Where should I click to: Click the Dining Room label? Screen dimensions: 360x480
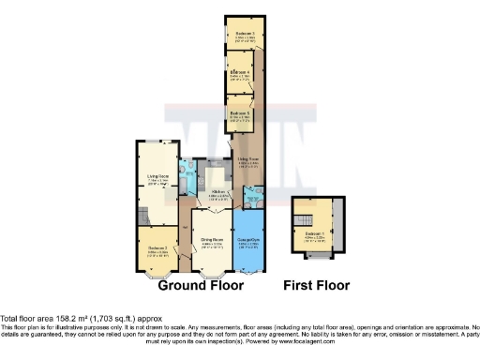click(x=211, y=240)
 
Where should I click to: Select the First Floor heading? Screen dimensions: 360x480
click(x=318, y=285)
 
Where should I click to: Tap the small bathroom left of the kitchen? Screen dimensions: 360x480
click(x=187, y=177)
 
